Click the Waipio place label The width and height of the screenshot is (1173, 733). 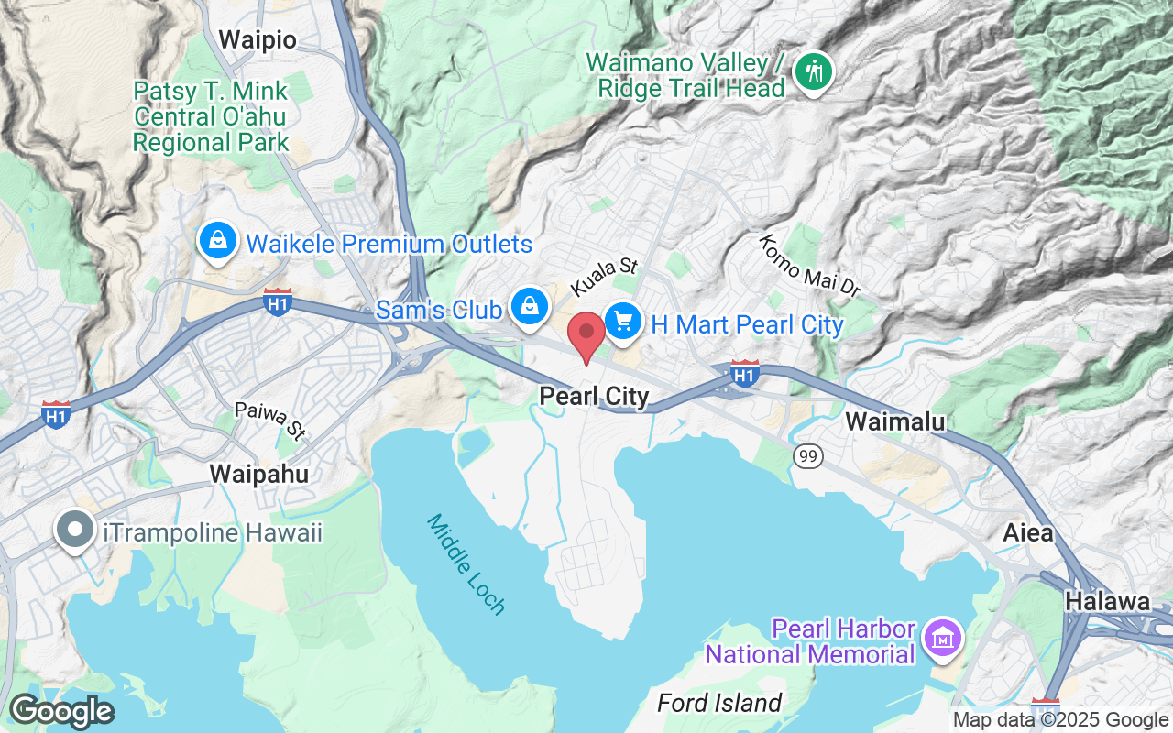(258, 40)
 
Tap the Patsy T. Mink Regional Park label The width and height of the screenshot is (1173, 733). (211, 117)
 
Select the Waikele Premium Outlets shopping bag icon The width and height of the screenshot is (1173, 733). (218, 241)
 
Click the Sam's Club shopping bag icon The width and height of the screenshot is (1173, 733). (530, 306)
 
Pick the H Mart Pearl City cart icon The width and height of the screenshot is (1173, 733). (623, 322)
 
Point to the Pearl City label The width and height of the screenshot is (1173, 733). (594, 397)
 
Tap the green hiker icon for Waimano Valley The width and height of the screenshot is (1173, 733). (812, 71)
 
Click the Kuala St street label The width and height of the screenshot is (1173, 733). (603, 277)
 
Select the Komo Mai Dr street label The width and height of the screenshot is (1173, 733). (810, 266)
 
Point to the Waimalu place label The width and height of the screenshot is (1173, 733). (894, 421)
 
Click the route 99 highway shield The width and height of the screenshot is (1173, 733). (807, 456)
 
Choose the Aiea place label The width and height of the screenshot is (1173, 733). (1028, 532)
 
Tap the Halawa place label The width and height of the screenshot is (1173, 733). (1108, 602)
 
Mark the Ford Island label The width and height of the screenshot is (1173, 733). (719, 704)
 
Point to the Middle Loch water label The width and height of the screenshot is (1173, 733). (466, 564)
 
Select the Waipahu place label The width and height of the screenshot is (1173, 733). (258, 474)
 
